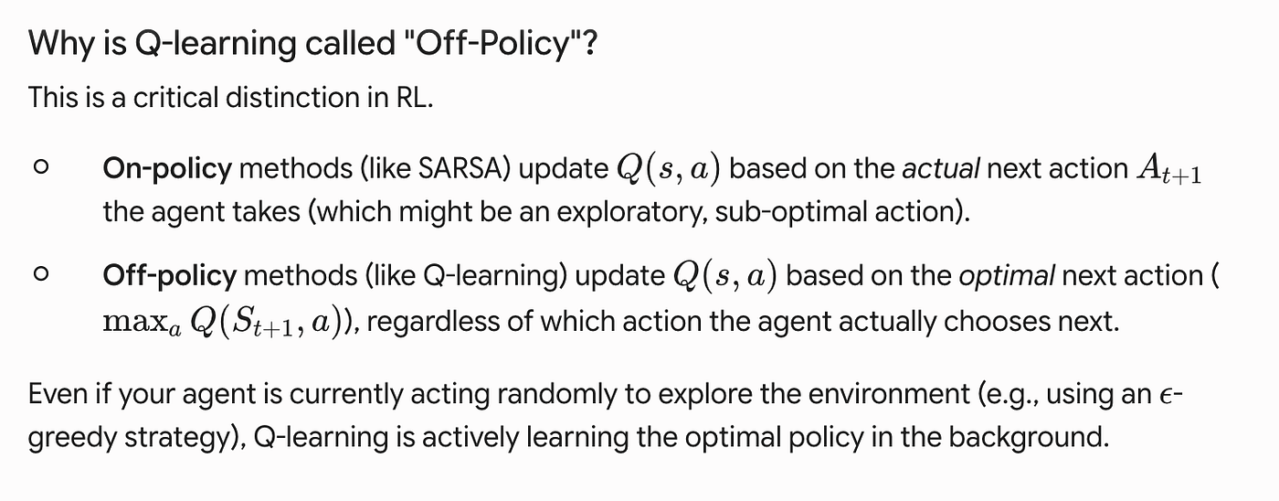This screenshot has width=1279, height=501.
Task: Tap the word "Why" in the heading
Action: click(61, 43)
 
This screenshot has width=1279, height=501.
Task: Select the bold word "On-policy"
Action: click(167, 169)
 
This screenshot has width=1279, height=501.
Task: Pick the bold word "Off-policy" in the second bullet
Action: click(170, 276)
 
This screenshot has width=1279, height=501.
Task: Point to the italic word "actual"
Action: click(941, 168)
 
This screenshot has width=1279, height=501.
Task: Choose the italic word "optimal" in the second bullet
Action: click(1007, 276)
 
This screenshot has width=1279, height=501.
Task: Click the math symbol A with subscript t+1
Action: click(1168, 169)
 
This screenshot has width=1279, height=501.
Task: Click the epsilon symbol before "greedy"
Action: click(1168, 395)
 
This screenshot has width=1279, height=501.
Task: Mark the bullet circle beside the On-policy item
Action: click(41, 166)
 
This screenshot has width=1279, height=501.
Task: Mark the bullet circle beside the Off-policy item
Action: click(41, 274)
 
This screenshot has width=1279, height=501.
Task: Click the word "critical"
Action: click(176, 97)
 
